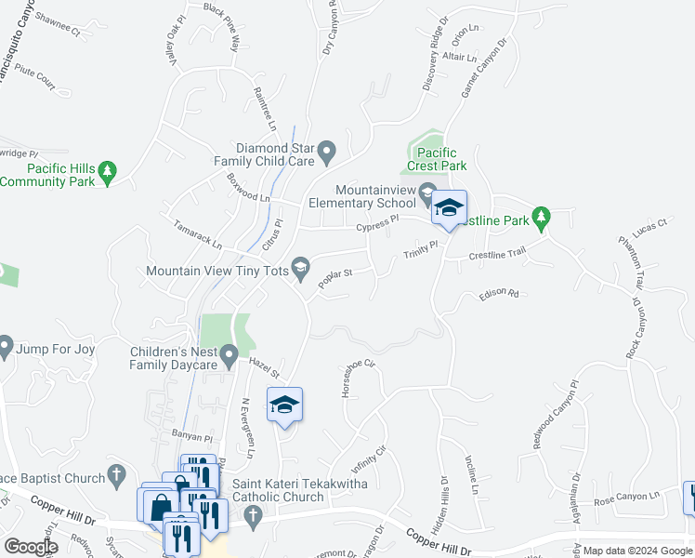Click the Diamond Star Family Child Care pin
pyautogui.click(x=326, y=149)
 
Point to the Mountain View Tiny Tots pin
pyautogui.click(x=300, y=270)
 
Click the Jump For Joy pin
pyautogui.click(x=5, y=349)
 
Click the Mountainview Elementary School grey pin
pyautogui.click(x=427, y=194)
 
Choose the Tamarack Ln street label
pyautogui.click(x=198, y=234)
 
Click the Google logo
pyautogui.click(x=32, y=546)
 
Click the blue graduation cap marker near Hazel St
pyautogui.click(x=285, y=405)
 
